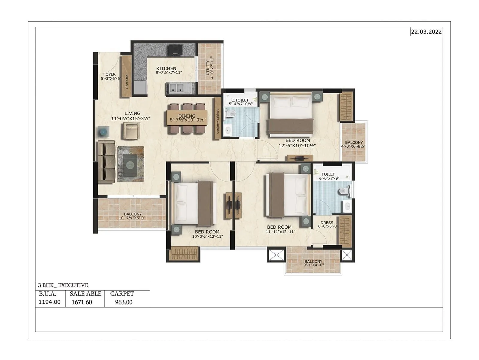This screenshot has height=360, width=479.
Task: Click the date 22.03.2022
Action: (426, 32)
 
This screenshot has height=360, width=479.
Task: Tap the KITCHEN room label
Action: (166, 68)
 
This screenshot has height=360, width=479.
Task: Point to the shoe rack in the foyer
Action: (126, 77)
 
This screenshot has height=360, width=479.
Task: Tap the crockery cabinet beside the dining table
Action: (218, 118)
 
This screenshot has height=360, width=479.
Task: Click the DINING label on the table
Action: (187, 116)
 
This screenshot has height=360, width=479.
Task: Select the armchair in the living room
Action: (131, 131)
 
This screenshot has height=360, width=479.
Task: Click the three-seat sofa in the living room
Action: (106, 162)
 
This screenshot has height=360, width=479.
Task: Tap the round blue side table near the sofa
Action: (103, 132)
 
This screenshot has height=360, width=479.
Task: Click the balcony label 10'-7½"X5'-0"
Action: (132, 216)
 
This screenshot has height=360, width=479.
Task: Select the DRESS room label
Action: (327, 223)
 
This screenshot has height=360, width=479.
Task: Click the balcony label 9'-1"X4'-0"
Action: (313, 263)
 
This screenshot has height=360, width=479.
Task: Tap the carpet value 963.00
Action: (124, 302)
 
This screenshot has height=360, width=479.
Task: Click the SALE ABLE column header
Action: (85, 294)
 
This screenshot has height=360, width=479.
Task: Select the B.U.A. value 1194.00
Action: (49, 302)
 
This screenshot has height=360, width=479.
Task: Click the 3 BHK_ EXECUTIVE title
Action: (63, 285)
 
